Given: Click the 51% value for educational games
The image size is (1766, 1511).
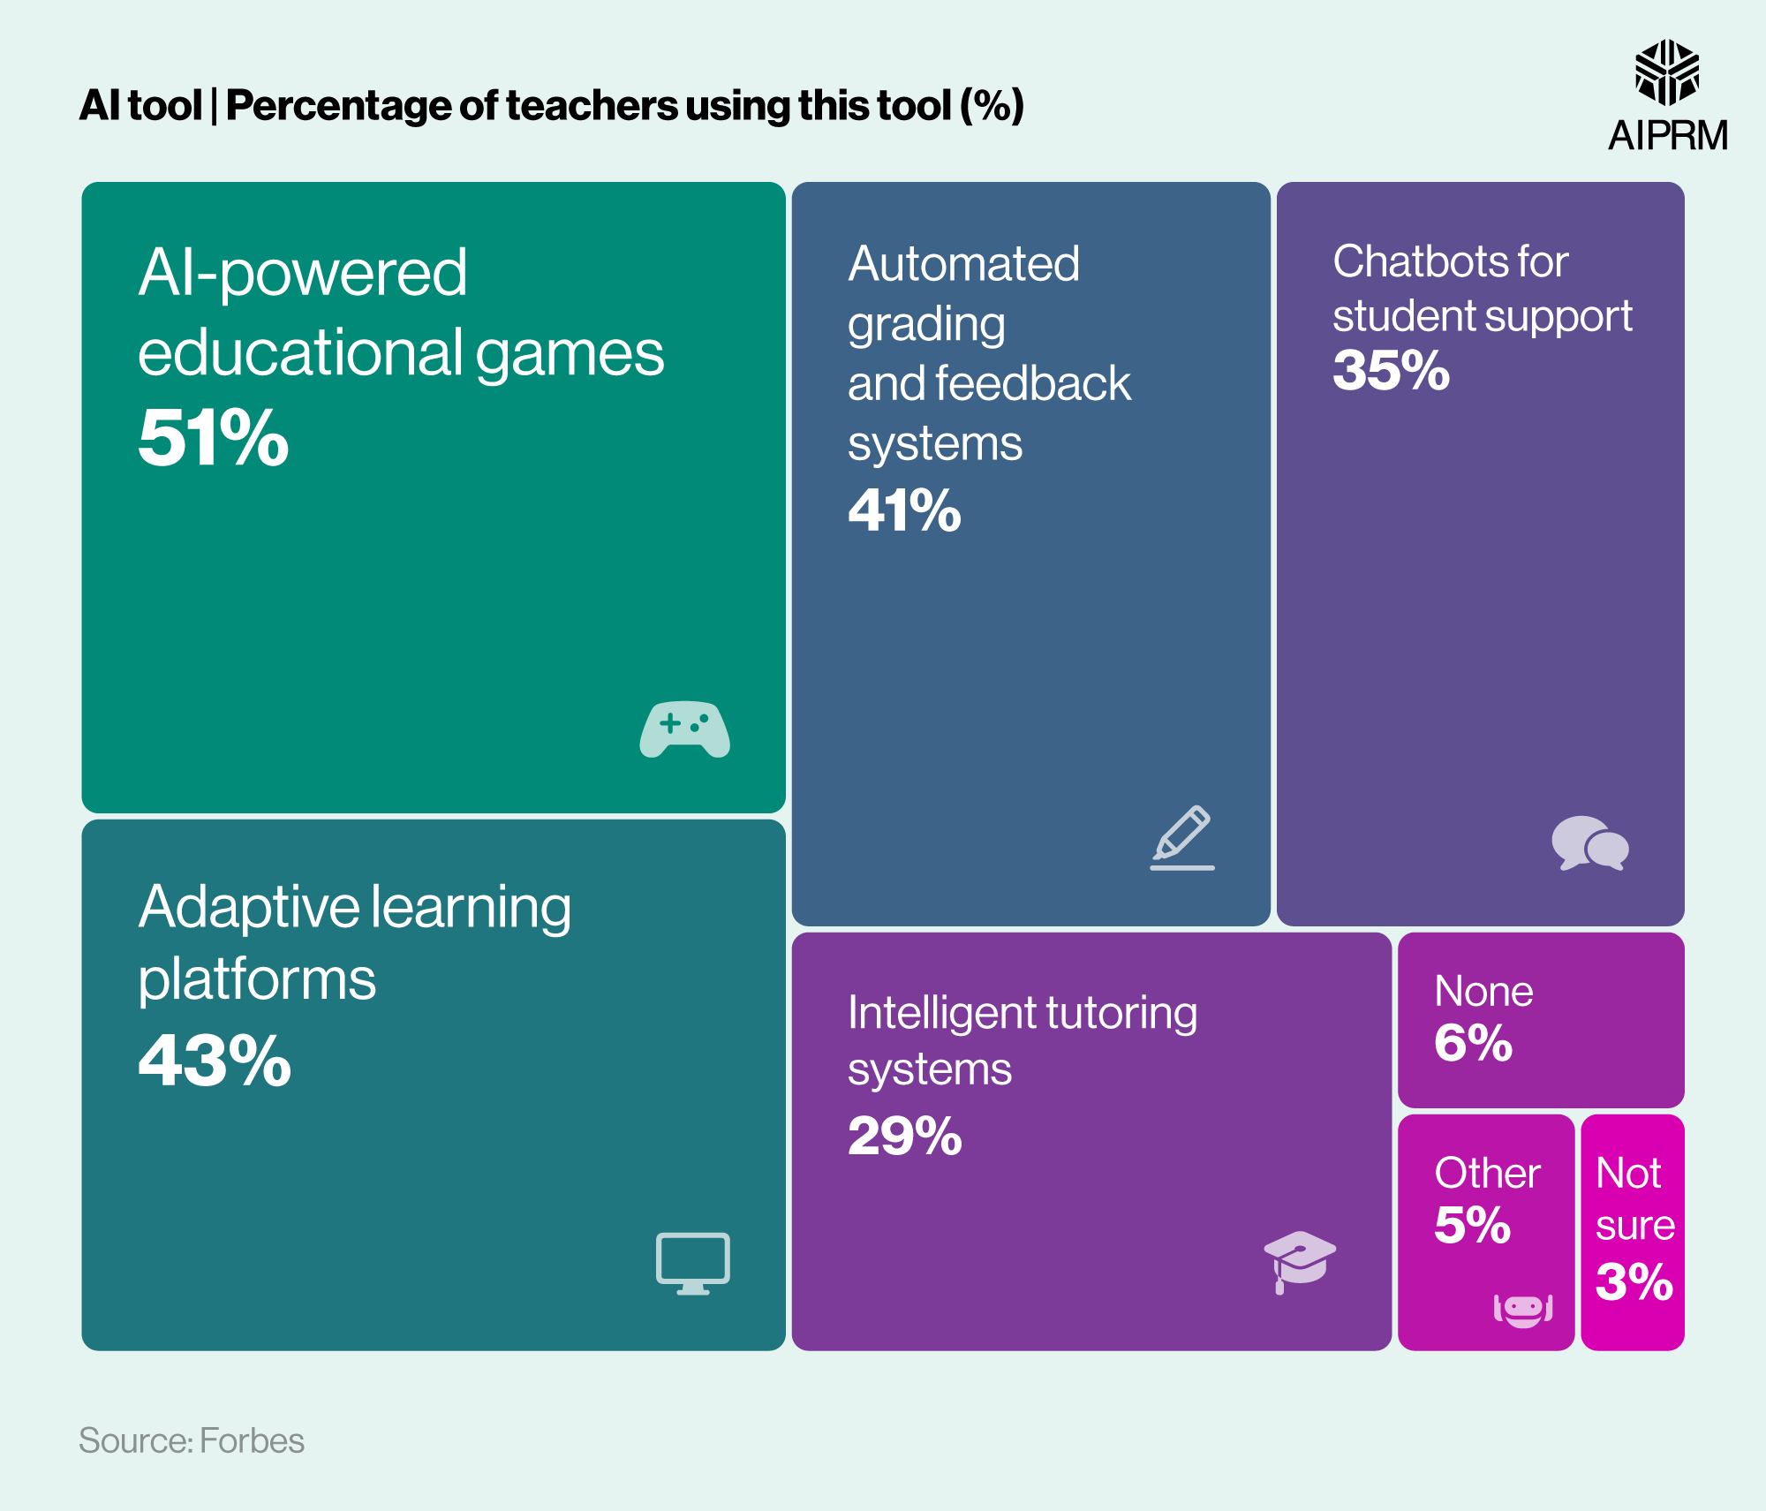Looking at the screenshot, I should [214, 438].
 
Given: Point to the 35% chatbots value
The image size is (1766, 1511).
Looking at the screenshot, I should [1391, 370].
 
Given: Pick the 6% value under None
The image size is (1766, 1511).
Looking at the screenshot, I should [1473, 1043].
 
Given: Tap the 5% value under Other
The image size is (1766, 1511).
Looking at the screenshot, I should [1472, 1225].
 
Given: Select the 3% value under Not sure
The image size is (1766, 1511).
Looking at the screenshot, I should [1634, 1281].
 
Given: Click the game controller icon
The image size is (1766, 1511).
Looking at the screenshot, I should [684, 729].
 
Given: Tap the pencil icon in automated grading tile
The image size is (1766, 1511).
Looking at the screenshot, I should [1182, 836].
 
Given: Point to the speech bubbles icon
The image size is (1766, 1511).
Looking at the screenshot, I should [1589, 843].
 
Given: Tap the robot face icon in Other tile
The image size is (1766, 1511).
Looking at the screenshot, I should [1522, 1309].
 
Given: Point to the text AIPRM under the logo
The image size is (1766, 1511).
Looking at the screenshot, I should [1667, 136].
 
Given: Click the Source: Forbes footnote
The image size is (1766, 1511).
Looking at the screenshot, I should [192, 1440].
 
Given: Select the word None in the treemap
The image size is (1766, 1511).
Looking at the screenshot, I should [1483, 991].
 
